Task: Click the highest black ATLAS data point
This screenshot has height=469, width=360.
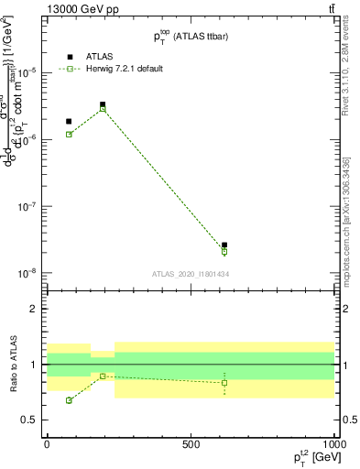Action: click(x=103, y=104)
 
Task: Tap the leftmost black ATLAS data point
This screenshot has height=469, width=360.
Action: click(x=69, y=121)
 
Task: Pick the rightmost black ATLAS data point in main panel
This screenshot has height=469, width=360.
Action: click(x=224, y=245)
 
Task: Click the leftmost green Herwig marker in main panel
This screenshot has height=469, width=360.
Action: click(x=69, y=135)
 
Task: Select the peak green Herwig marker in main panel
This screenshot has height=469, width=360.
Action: click(x=103, y=109)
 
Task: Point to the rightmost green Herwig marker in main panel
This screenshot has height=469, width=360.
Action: click(x=224, y=252)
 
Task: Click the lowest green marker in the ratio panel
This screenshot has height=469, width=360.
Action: click(x=69, y=400)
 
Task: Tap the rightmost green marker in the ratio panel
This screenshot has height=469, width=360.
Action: click(x=224, y=383)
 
